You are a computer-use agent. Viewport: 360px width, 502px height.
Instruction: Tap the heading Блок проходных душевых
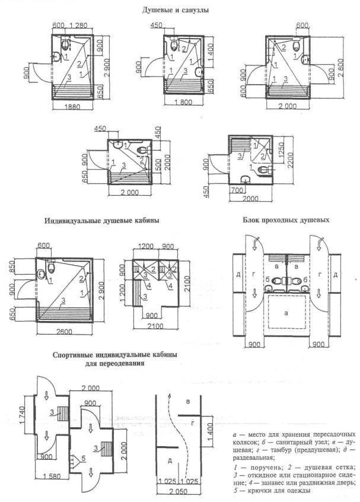[x=286, y=220]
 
